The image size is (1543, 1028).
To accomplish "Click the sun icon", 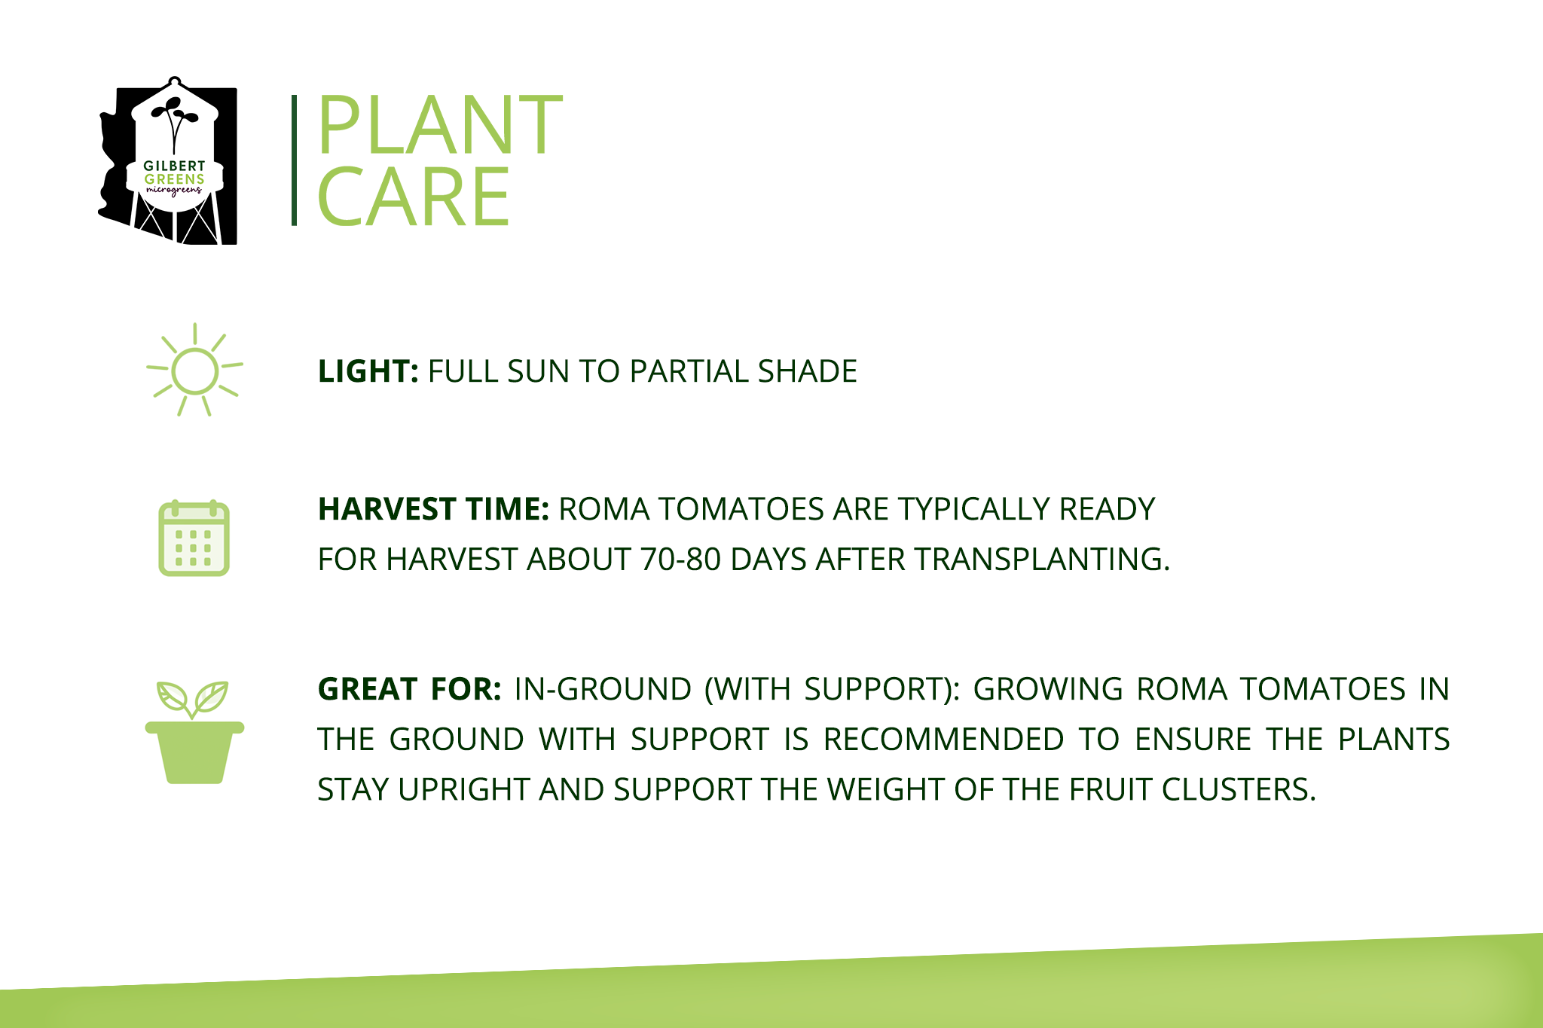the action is point(194,370).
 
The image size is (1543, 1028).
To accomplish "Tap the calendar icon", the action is point(194,538).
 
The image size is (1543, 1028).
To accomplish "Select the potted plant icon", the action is point(194,732).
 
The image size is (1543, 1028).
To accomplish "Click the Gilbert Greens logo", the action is point(168,160).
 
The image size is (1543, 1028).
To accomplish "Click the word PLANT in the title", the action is point(440,124).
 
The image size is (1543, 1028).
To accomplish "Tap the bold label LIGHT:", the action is point(368,371).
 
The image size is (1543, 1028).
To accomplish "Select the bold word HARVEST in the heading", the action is point(387,509).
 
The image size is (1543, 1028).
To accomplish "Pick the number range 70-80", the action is point(680,560).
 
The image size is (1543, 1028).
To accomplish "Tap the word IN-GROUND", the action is point(603,689).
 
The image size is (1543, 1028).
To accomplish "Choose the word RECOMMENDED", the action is point(943,740).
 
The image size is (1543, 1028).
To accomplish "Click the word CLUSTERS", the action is point(1238,789).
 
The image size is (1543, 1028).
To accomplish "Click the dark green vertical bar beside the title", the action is point(294,160).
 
